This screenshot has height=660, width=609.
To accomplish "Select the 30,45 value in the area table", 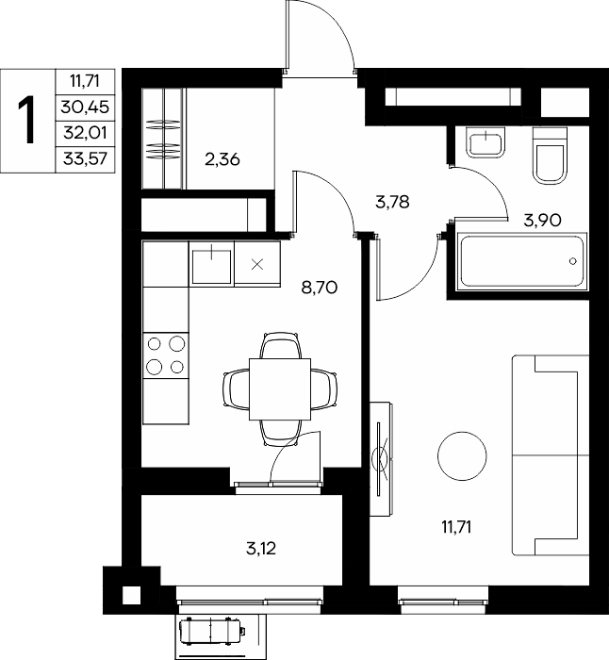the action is coord(85,107).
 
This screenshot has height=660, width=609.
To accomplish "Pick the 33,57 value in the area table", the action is coord(86,159).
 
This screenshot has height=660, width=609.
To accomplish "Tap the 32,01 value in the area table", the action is coord(85,133).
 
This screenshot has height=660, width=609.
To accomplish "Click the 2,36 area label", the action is coord(222,159).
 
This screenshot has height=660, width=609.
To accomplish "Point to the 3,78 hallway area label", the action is coord(392,202).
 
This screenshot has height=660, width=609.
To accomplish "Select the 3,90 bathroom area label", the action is coord(542,220).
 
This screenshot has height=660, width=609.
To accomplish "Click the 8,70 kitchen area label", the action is coord(320,288).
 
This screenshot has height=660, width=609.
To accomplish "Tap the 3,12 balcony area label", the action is coord(261,549).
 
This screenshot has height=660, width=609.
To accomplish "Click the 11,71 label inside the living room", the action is coord(456,527).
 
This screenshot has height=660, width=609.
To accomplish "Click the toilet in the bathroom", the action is coord(549,155).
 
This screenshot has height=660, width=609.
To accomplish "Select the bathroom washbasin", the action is coord(486,142).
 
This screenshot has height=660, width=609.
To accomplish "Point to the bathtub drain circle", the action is coord(573,261).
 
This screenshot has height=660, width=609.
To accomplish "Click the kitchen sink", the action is coord(212,266).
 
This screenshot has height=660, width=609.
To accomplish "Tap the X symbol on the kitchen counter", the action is coord(257,264).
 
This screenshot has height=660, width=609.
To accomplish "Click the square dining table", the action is coord(280,389).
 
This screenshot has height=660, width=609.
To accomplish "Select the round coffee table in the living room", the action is coord(462,455).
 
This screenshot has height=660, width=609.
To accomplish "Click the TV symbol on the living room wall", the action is coord(382,459).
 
